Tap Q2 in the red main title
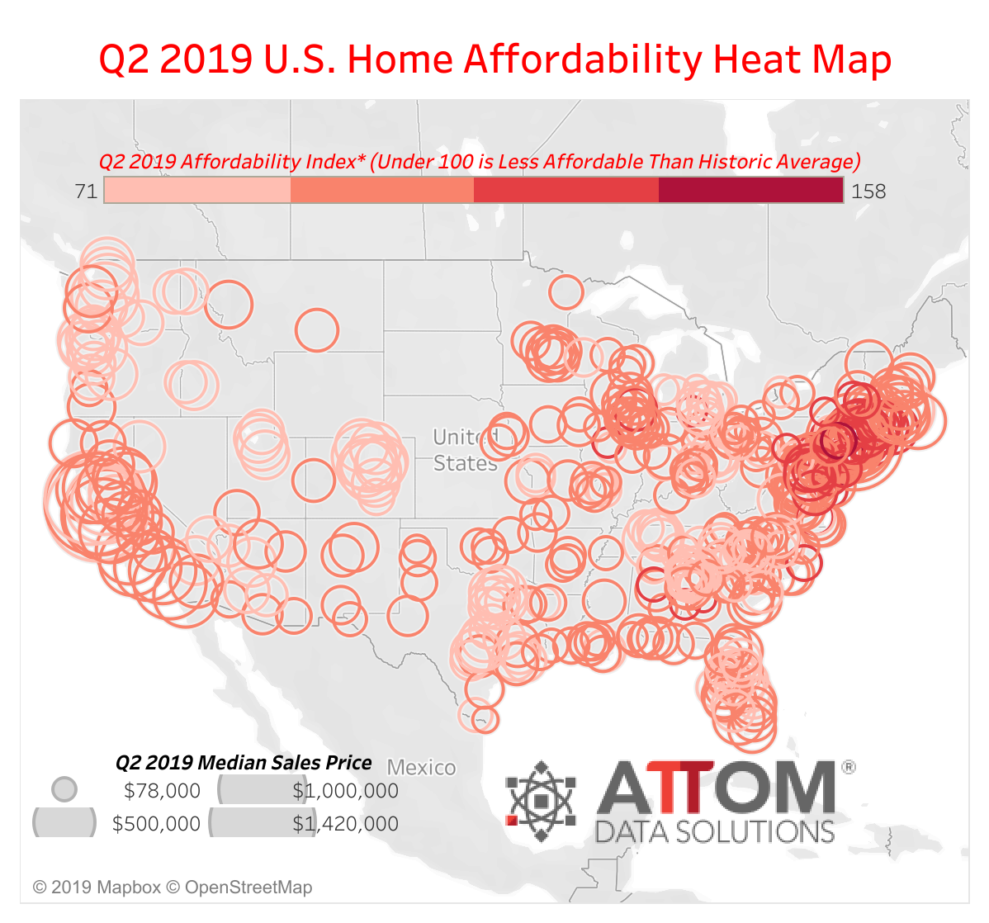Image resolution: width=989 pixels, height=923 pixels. pos(124,59)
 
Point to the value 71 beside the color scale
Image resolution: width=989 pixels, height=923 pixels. pos(86,192)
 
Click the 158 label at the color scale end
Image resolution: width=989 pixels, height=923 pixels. pos(868,192)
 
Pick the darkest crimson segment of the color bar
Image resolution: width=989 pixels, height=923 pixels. pos(750,191)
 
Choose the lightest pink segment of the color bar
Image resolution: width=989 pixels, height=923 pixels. pos(198,191)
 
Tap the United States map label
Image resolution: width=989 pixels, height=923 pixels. pos(465,450)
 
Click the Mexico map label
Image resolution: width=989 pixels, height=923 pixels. pos(421,768)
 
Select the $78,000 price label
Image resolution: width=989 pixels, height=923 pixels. pos(162,791)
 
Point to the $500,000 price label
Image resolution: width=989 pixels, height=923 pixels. pos(156,824)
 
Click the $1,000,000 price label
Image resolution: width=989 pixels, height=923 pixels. pos(345,791)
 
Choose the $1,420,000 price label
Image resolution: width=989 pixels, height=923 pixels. pos(345,824)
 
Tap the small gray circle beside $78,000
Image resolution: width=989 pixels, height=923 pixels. pos(64,789)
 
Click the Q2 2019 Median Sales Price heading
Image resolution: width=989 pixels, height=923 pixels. pos(244,762)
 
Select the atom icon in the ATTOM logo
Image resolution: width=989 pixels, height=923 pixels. pos(541,800)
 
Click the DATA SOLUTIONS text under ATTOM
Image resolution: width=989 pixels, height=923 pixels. pos(715,831)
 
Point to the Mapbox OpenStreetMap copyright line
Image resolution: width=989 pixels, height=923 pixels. pos(173,887)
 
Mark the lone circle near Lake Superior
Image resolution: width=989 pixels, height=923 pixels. pos(565,291)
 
